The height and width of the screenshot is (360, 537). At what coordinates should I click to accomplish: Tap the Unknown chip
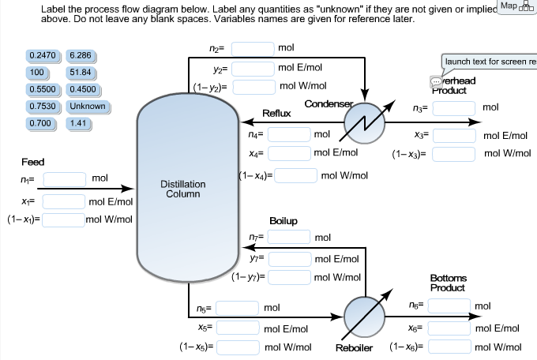(x=87, y=107)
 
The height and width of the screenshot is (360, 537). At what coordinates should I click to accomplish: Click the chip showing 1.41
(x=77, y=124)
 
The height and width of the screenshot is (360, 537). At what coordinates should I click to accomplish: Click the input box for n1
(x=64, y=179)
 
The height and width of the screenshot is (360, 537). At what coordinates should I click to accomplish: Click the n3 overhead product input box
(x=453, y=107)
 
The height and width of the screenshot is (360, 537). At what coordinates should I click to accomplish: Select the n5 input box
(x=239, y=307)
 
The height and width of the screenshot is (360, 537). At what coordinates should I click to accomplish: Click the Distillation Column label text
(x=183, y=189)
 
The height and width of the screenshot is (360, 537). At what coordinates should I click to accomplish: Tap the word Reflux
(x=276, y=114)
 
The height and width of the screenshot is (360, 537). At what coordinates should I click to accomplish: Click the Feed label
(x=33, y=162)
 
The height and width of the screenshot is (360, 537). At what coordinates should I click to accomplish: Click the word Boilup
(x=284, y=220)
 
